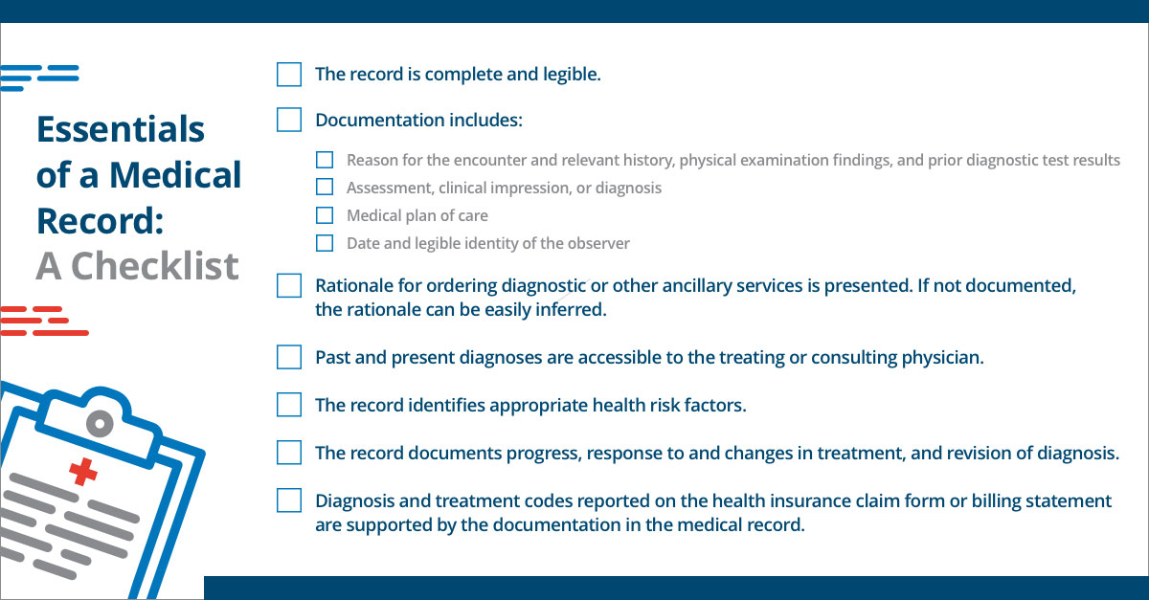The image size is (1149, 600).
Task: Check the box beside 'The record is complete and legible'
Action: coord(289,74)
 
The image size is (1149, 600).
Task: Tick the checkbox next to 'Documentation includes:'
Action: coord(289,120)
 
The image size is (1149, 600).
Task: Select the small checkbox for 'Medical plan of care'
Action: coord(326,215)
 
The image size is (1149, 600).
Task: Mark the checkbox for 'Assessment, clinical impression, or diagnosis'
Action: coord(326,188)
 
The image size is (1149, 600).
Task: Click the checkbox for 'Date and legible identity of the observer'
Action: coord(326,243)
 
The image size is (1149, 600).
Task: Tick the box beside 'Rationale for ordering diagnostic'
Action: coord(289,285)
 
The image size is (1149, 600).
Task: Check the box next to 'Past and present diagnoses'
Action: coord(289,357)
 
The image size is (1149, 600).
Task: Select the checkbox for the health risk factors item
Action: coord(289,405)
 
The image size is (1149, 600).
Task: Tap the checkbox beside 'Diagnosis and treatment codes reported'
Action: coord(289,500)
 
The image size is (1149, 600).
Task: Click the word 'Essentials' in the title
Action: coord(121,129)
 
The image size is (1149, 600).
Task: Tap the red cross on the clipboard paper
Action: coord(83,471)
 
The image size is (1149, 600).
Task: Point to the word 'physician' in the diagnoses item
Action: coord(942,358)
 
